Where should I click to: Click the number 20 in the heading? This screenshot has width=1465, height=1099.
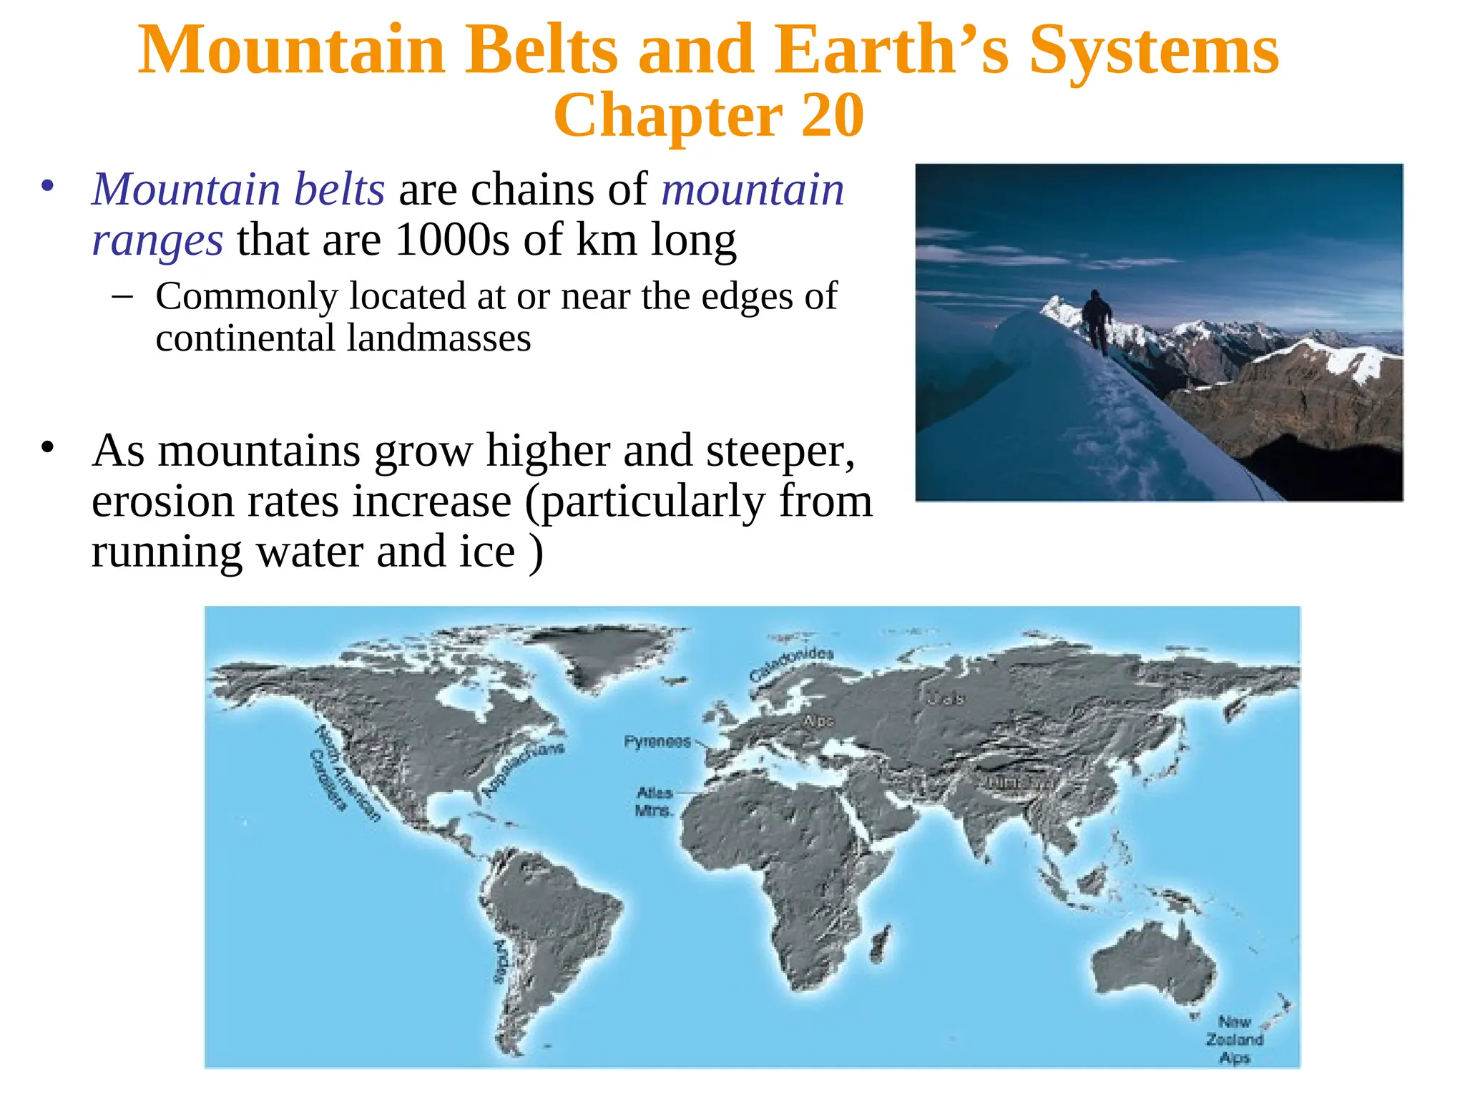pyautogui.click(x=832, y=116)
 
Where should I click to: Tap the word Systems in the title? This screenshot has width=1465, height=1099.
pyautogui.click(x=1153, y=50)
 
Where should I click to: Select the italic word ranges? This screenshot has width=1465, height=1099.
pyautogui.click(x=157, y=240)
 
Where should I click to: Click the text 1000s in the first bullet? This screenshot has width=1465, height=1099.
pyautogui.click(x=452, y=240)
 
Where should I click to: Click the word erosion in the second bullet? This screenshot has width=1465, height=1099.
pyautogui.click(x=162, y=501)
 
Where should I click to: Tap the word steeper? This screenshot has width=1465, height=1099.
pyautogui.click(x=780, y=451)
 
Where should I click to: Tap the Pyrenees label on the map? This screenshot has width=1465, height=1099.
pyautogui.click(x=657, y=741)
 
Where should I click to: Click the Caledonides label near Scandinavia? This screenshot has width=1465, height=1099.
pyautogui.click(x=791, y=664)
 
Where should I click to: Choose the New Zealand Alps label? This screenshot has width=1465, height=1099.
pyautogui.click(x=1235, y=1039)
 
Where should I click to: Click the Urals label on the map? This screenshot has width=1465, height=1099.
pyautogui.click(x=945, y=698)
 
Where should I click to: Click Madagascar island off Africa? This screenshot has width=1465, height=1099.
pyautogui.click(x=881, y=943)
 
